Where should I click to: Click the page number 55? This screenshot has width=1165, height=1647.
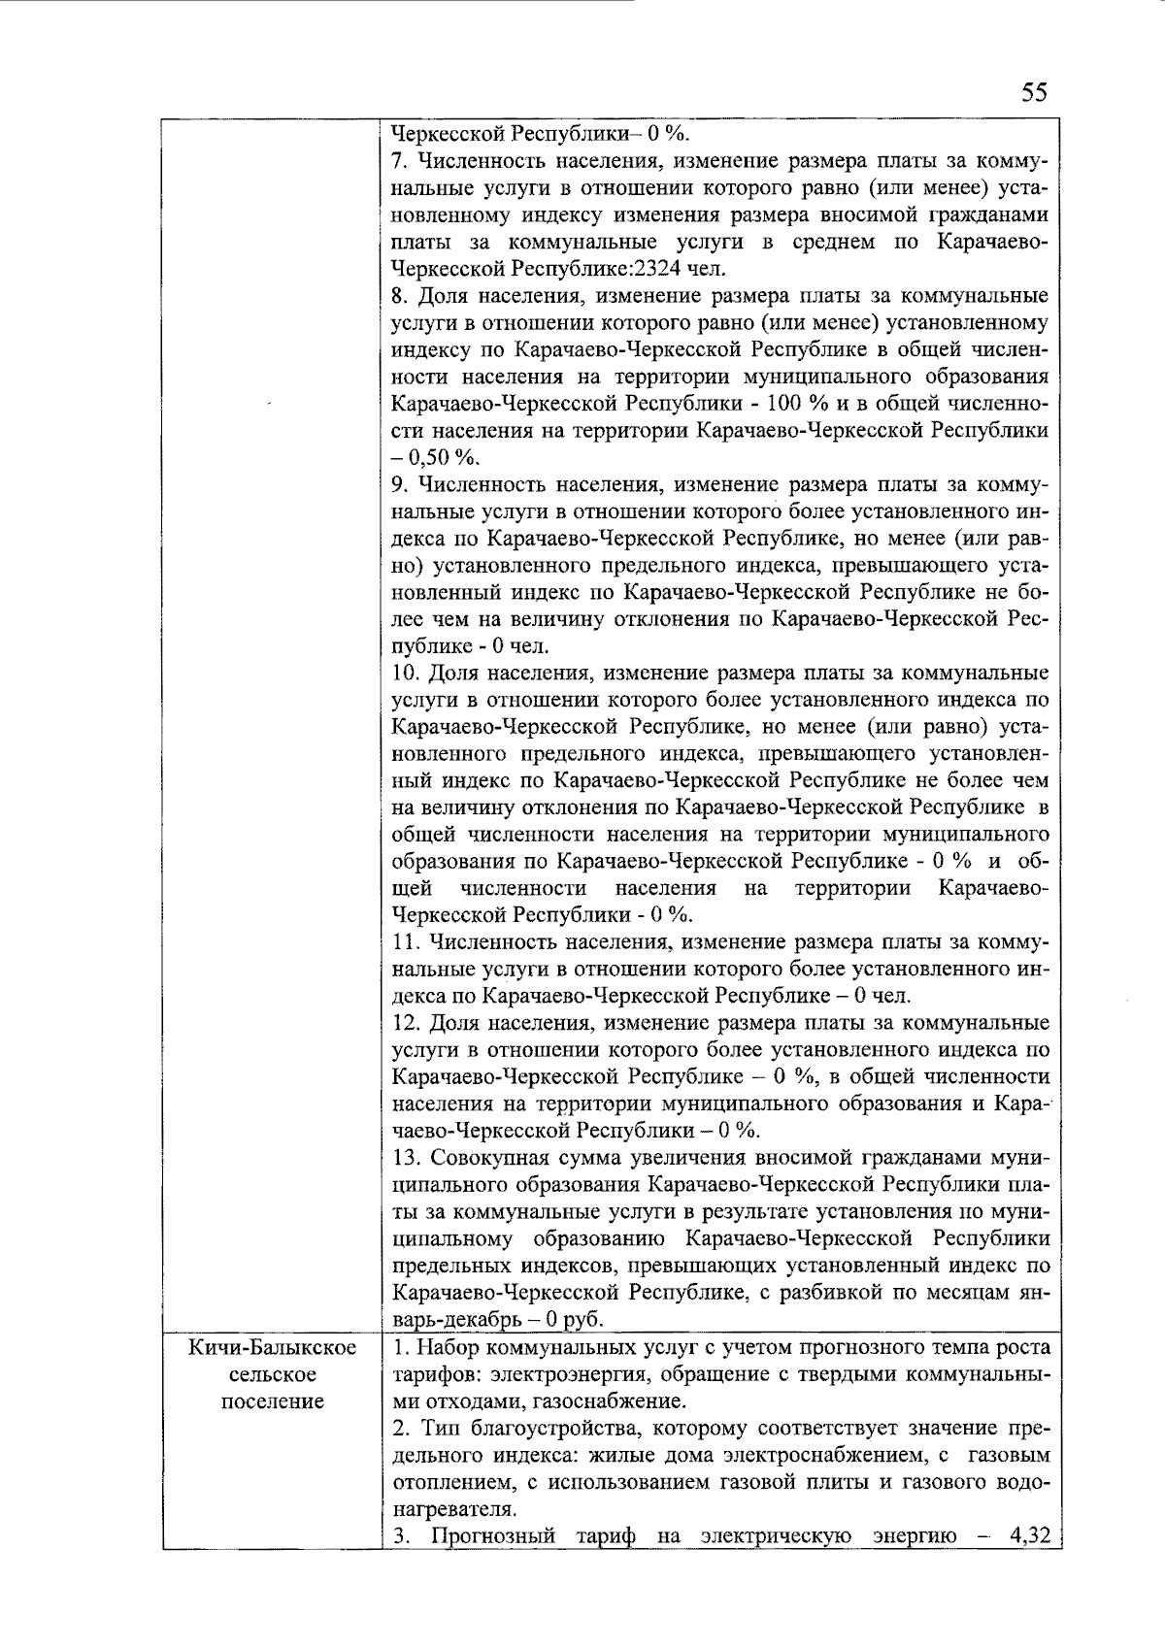coord(1034,93)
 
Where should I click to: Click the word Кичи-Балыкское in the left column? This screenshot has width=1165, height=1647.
coord(273,1348)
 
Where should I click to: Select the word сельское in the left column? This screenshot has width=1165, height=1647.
coord(273,1375)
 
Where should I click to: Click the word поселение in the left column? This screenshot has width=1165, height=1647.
coord(273,1402)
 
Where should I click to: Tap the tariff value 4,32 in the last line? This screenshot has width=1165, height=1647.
coord(1029,1536)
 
